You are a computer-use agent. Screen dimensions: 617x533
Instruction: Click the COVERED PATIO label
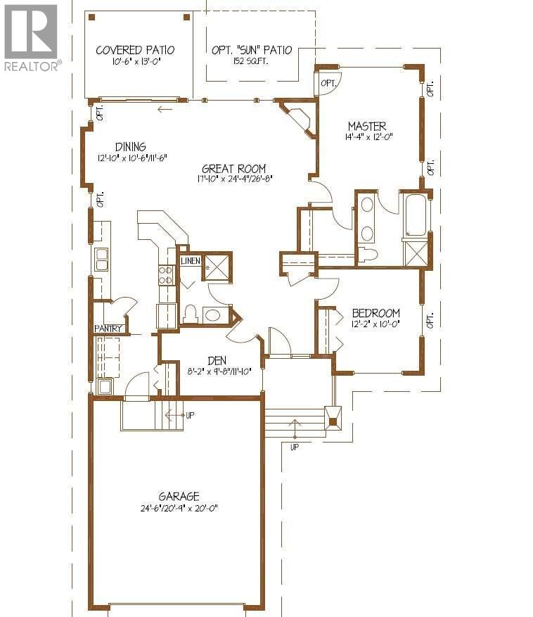click(135, 50)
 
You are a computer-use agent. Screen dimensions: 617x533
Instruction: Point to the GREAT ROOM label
click(233, 168)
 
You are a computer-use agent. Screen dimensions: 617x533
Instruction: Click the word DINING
click(131, 147)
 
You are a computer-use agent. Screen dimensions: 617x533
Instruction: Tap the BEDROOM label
click(376, 313)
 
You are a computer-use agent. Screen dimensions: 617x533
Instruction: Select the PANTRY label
click(109, 329)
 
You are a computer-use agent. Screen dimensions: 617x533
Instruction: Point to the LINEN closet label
click(191, 261)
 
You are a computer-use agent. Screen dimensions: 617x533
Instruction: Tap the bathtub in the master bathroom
click(415, 214)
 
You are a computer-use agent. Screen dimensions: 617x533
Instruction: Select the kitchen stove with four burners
click(166, 274)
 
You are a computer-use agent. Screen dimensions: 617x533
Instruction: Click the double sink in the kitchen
click(101, 260)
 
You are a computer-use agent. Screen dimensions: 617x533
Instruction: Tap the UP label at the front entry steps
click(294, 446)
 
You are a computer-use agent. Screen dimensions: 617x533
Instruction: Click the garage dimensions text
click(179, 508)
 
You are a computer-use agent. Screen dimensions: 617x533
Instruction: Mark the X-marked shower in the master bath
click(416, 253)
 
